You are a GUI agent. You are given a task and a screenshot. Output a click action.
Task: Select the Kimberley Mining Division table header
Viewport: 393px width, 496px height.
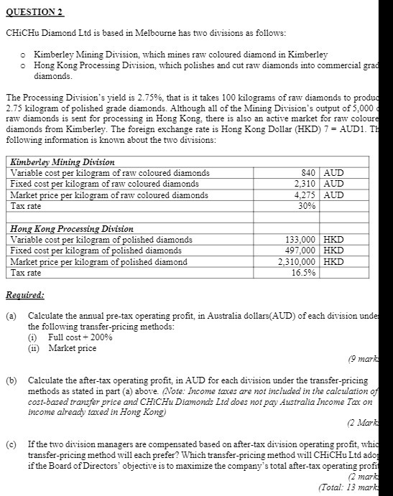[63, 162]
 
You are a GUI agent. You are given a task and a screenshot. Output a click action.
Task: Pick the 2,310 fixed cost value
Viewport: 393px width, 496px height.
[306, 184]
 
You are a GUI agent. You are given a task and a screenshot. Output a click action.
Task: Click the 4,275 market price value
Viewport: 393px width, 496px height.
[306, 195]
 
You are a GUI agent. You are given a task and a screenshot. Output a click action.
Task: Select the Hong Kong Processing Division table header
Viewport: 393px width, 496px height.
[72, 229]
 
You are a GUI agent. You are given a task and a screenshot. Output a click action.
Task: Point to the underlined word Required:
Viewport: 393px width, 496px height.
[24, 295]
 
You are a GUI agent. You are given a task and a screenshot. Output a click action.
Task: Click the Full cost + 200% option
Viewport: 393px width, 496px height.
[80, 337]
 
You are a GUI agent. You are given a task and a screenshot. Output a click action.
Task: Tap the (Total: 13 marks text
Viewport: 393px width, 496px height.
[353, 487]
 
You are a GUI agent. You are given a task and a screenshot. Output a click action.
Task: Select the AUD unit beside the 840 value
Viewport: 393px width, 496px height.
[334, 173]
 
